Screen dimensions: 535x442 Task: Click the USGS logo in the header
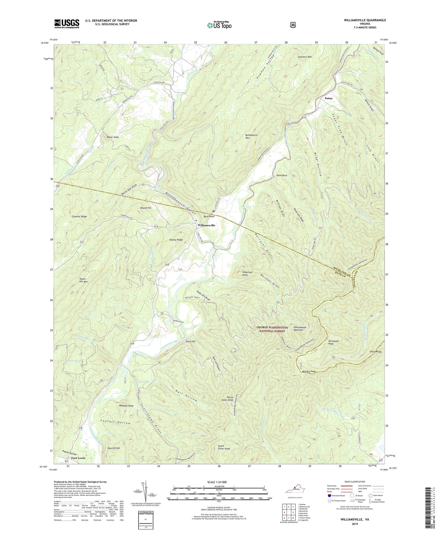[67, 24]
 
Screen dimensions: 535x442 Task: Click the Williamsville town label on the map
[206, 225]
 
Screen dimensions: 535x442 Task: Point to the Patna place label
[328, 98]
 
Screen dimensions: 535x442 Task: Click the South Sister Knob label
[224, 447]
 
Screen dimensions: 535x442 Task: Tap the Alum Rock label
[281, 175]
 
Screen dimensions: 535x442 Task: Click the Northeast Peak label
[333, 342]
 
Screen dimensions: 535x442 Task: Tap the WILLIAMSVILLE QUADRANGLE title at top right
[360, 20]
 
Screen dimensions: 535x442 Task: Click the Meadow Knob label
[126, 406]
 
